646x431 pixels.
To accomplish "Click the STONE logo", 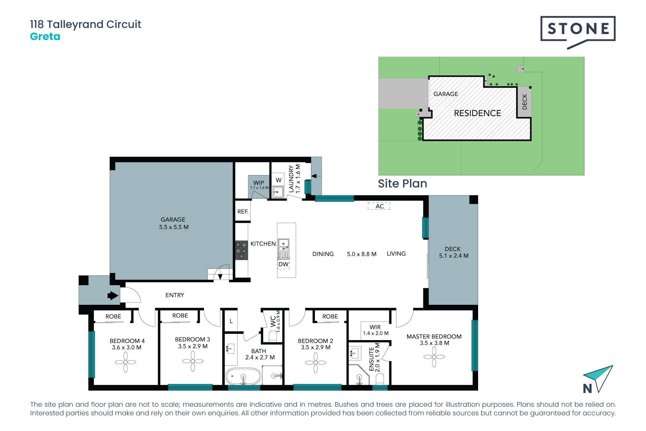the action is point(578,32).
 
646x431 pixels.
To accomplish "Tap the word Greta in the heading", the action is point(45,36).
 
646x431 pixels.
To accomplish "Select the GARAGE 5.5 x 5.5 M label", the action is point(174,223).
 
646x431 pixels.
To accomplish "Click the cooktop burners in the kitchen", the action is point(241,250).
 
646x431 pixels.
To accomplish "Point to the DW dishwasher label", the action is point(283,264).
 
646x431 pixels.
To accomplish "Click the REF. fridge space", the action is point(243,211).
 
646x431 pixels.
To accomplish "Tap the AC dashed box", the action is point(379,206).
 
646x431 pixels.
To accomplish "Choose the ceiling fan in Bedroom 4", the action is point(125,362).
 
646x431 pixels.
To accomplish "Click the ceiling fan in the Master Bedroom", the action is point(434,357).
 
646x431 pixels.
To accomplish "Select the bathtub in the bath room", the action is point(243,376).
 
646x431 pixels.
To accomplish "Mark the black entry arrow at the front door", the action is point(113,296).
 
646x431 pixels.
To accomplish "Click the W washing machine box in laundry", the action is point(279,180).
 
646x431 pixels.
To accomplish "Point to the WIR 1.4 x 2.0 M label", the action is point(375,330).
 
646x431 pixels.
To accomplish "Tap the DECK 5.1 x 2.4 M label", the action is point(454,252).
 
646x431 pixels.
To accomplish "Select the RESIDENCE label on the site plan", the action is point(477,113).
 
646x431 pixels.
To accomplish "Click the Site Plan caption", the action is point(402,184).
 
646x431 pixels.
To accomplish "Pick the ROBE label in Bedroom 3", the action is point(180,316).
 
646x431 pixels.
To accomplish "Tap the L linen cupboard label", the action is point(231,321).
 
